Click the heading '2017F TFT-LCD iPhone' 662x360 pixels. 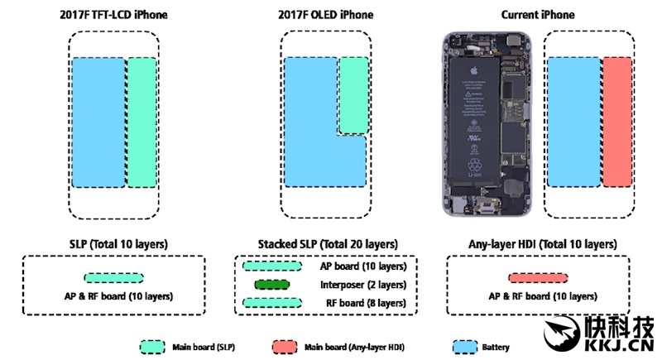[x=113, y=15]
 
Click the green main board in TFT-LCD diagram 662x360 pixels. [x=141, y=122]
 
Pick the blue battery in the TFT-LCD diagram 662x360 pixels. [x=97, y=122]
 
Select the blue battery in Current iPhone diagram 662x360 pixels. [x=572, y=122]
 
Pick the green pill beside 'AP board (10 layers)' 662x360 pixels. [x=271, y=266]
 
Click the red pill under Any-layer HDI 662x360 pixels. [x=535, y=279]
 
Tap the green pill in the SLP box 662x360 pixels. [x=113, y=279]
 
